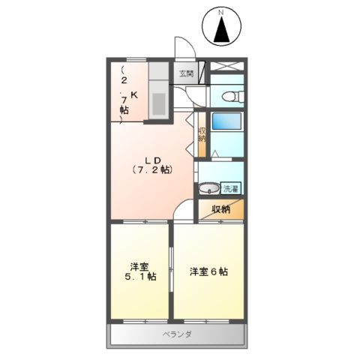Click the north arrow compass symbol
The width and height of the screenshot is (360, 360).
tap(221, 30)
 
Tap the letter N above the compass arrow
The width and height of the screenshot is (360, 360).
tap(221, 13)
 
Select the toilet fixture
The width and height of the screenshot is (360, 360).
tap(229, 95)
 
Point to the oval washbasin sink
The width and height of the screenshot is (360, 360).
tap(210, 188)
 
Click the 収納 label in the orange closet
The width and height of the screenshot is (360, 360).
tap(220, 209)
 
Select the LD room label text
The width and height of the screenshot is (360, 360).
tap(154, 158)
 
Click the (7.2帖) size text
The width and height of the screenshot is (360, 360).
tap(154, 169)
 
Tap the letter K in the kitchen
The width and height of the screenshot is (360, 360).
tap(135, 95)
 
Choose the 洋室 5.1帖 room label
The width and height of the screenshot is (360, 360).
tap(141, 271)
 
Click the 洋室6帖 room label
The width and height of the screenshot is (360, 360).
tap(209, 271)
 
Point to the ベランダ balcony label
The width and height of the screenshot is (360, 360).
tap(178, 334)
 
